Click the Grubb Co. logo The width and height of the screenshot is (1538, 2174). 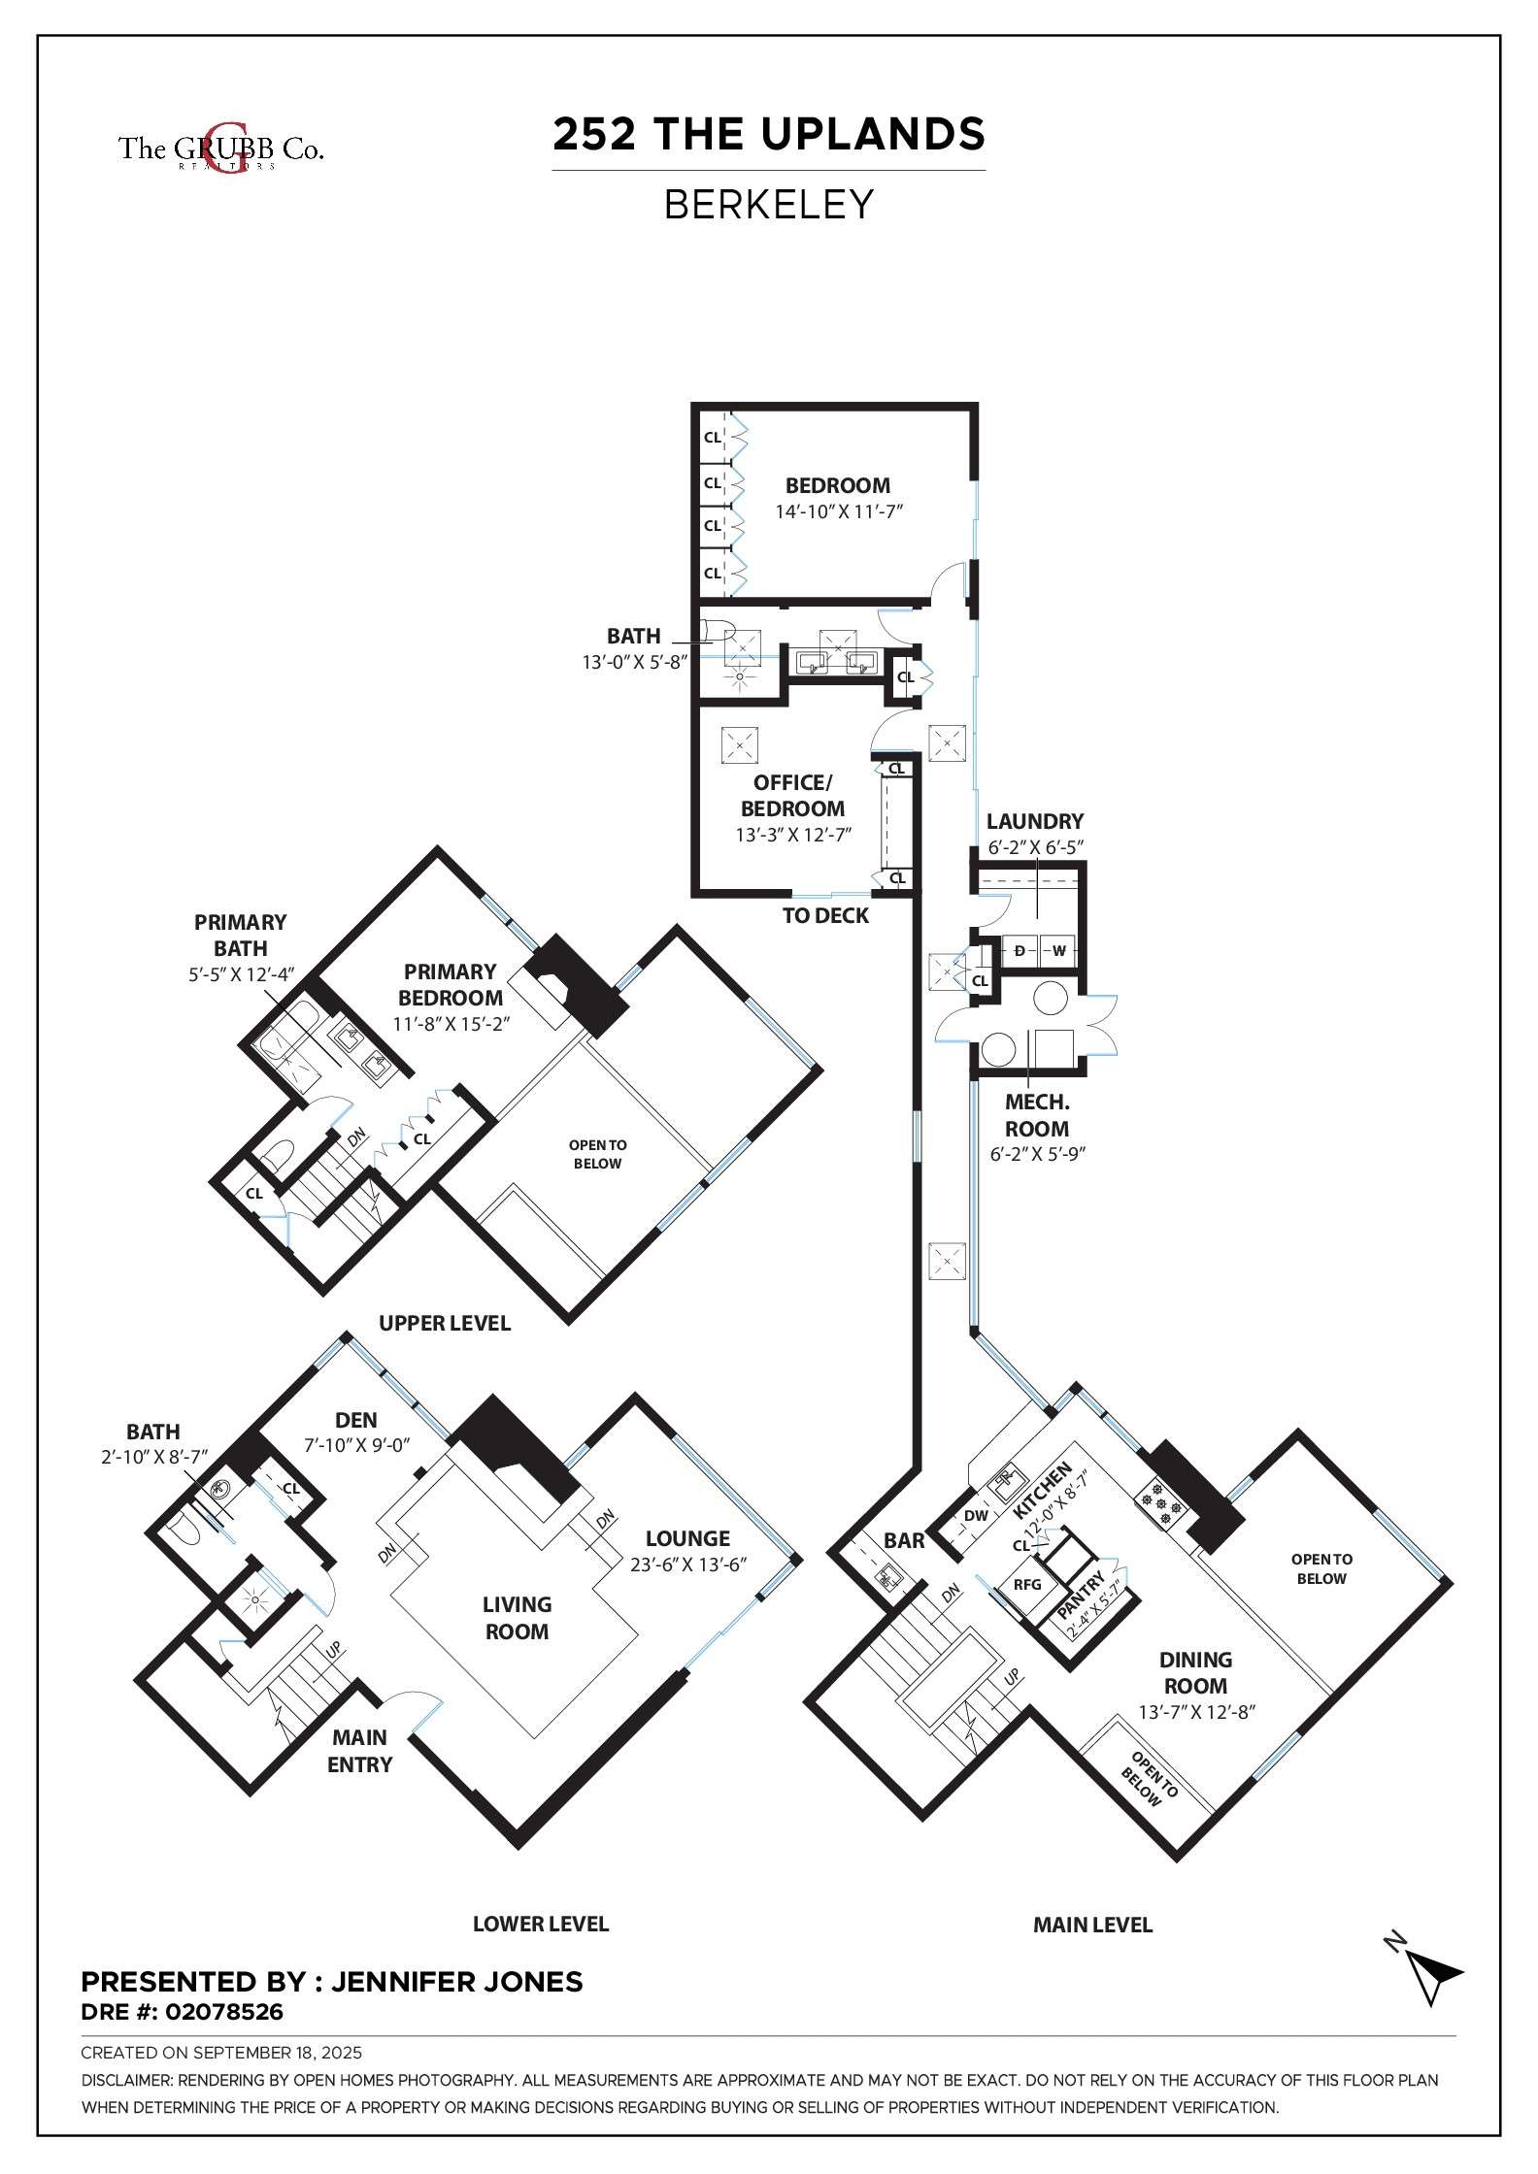221,148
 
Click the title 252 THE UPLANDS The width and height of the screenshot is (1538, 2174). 769,134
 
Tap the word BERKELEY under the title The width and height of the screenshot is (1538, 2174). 769,205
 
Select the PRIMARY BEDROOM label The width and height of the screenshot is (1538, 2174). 451,984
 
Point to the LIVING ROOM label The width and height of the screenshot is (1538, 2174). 517,1618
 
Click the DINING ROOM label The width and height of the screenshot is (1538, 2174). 1196,1672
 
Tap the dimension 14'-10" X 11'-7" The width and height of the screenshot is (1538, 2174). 839,511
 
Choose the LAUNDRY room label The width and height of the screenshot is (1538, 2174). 1035,821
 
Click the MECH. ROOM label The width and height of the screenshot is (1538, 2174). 1037,1115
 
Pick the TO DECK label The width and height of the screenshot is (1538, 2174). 826,915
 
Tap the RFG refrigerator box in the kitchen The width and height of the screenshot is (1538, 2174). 1027,1585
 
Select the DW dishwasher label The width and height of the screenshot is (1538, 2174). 976,1515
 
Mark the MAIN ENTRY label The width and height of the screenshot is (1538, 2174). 359,1751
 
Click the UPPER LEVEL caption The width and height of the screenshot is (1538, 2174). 445,1323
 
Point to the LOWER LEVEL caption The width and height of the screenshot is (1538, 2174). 541,1924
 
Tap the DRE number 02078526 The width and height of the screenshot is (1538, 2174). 223,2012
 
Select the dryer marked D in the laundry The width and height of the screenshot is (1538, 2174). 1020,950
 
